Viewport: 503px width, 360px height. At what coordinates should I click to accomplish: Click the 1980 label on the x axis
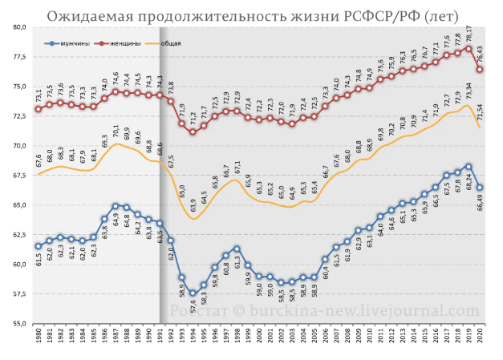(38, 338)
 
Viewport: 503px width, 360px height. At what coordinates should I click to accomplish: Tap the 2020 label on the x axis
(480, 338)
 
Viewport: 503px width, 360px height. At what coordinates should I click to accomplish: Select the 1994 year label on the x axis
(193, 338)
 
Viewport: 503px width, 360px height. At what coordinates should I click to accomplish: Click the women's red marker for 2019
(469, 48)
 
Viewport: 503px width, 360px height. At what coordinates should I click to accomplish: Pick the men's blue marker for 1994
(193, 293)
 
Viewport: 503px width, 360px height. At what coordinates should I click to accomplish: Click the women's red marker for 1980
(38, 109)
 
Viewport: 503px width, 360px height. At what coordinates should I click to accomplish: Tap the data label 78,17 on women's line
(469, 34)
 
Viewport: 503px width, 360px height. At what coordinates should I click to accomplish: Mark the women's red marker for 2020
(480, 69)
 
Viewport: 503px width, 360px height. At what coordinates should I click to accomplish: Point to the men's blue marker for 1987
(116, 206)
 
